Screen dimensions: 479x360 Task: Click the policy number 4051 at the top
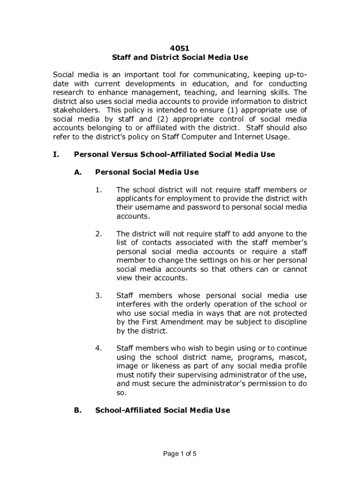[180, 48]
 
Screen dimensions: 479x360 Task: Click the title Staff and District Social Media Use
[180, 58]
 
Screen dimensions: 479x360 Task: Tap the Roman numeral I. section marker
[56, 154]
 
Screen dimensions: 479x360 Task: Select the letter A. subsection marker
[78, 172]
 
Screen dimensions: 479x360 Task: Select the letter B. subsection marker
[78, 410]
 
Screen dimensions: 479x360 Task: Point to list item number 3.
[99, 296]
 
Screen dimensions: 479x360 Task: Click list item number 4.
[99, 348]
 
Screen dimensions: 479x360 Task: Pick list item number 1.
[98, 190]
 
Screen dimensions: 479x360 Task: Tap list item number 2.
[99, 234]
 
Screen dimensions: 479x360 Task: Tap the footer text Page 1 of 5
[180, 453]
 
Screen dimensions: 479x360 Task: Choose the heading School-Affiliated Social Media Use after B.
[162, 410]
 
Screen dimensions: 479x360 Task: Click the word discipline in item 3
[289, 322]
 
